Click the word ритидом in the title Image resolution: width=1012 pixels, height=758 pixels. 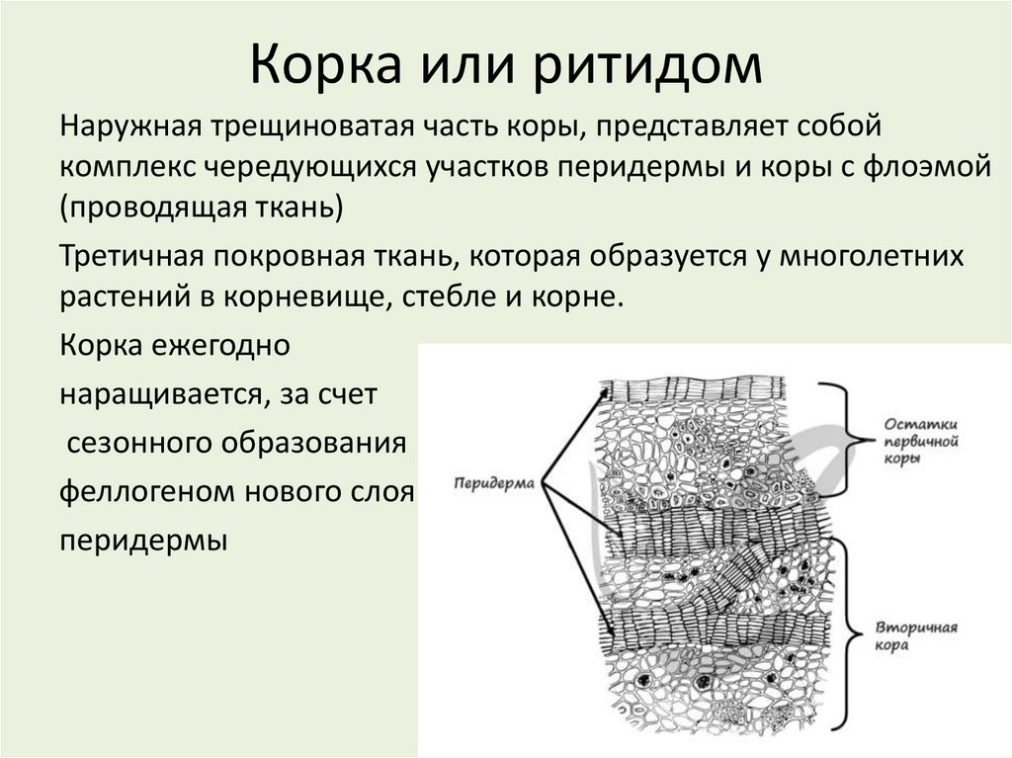(651, 64)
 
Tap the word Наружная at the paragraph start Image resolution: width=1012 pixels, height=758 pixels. (129, 128)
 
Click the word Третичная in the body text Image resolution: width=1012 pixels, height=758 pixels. (130, 256)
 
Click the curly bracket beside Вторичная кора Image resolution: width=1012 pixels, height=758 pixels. (846, 632)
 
